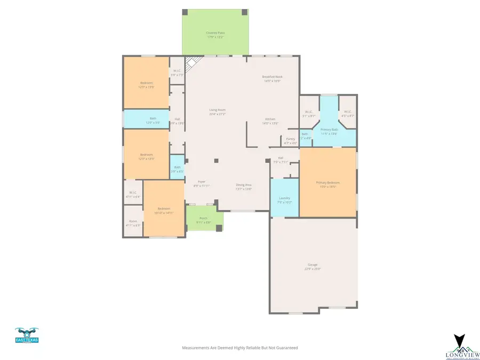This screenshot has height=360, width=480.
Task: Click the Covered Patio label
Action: coord(215,33)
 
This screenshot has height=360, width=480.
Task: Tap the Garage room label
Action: coord(313,265)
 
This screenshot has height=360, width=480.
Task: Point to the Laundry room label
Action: coord(284,198)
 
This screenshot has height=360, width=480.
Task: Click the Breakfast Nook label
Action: coord(272,77)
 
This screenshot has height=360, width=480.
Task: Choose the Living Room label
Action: coord(217,110)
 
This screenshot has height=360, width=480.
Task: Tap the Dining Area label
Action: coord(244,185)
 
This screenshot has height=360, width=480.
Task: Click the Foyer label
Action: coord(202,182)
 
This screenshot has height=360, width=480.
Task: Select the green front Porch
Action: coord(204,219)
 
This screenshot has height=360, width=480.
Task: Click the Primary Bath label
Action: coord(329,130)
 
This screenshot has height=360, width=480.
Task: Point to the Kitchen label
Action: coord(270,119)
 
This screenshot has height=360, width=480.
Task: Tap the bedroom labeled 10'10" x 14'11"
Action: coord(164,209)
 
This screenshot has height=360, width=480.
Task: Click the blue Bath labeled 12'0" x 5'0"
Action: coord(153,119)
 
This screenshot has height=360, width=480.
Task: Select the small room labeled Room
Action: coord(133,221)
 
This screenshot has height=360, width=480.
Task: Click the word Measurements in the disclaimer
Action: coord(196,348)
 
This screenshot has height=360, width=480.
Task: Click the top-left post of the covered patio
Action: coord(185,12)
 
